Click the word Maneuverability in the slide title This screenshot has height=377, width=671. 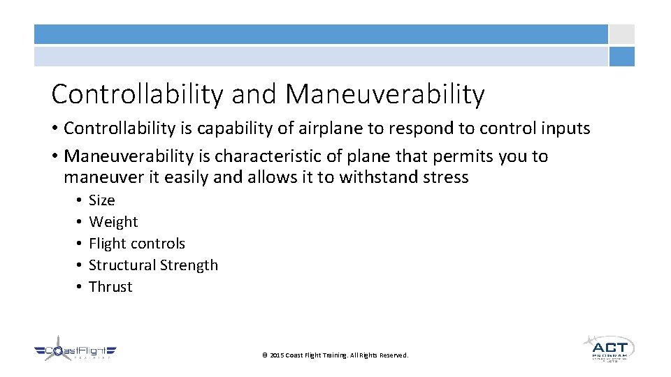point(385,94)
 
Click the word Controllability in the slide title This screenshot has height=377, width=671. point(137,94)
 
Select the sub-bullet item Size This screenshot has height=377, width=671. point(101,200)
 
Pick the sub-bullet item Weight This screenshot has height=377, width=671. point(113,222)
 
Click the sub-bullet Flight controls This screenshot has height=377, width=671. point(137,244)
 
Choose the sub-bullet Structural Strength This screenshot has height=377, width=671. point(153,265)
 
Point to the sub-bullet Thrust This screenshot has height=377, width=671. point(110,287)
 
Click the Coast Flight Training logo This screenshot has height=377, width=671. point(75,350)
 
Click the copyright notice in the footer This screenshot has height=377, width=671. point(335,355)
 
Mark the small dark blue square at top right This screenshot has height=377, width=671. point(621,57)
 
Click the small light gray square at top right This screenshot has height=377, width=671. point(621,34)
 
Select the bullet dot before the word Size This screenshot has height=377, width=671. point(80,201)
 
